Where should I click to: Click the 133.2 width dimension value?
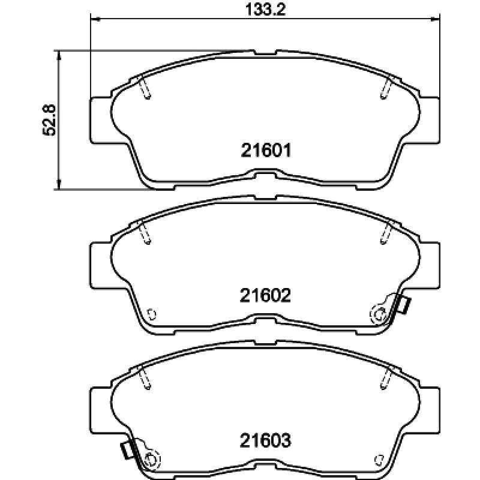(x=265, y=10)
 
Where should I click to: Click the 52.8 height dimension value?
(x=49, y=120)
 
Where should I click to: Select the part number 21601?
(x=265, y=151)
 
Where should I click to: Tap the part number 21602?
(x=265, y=296)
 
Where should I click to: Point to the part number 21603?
(x=265, y=441)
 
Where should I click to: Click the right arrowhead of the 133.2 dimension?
(x=435, y=19)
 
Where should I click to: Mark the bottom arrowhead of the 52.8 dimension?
(x=59, y=185)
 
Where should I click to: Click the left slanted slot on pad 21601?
(x=145, y=88)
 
